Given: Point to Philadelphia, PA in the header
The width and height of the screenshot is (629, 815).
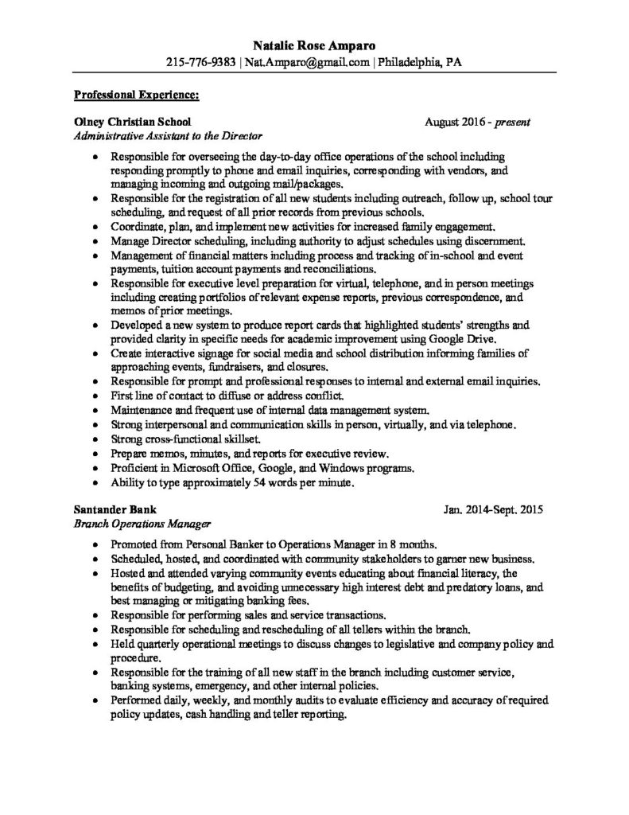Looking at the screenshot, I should (x=420, y=61).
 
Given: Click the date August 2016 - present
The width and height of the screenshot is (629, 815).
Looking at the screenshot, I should (x=477, y=123).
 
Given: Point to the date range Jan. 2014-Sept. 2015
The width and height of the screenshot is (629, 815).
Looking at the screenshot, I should (x=494, y=510).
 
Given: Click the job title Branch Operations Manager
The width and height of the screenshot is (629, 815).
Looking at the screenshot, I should (x=141, y=524).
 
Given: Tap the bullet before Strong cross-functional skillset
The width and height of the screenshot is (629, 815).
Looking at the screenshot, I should (x=96, y=439).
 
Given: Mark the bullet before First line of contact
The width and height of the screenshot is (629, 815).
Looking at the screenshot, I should (x=96, y=396).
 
